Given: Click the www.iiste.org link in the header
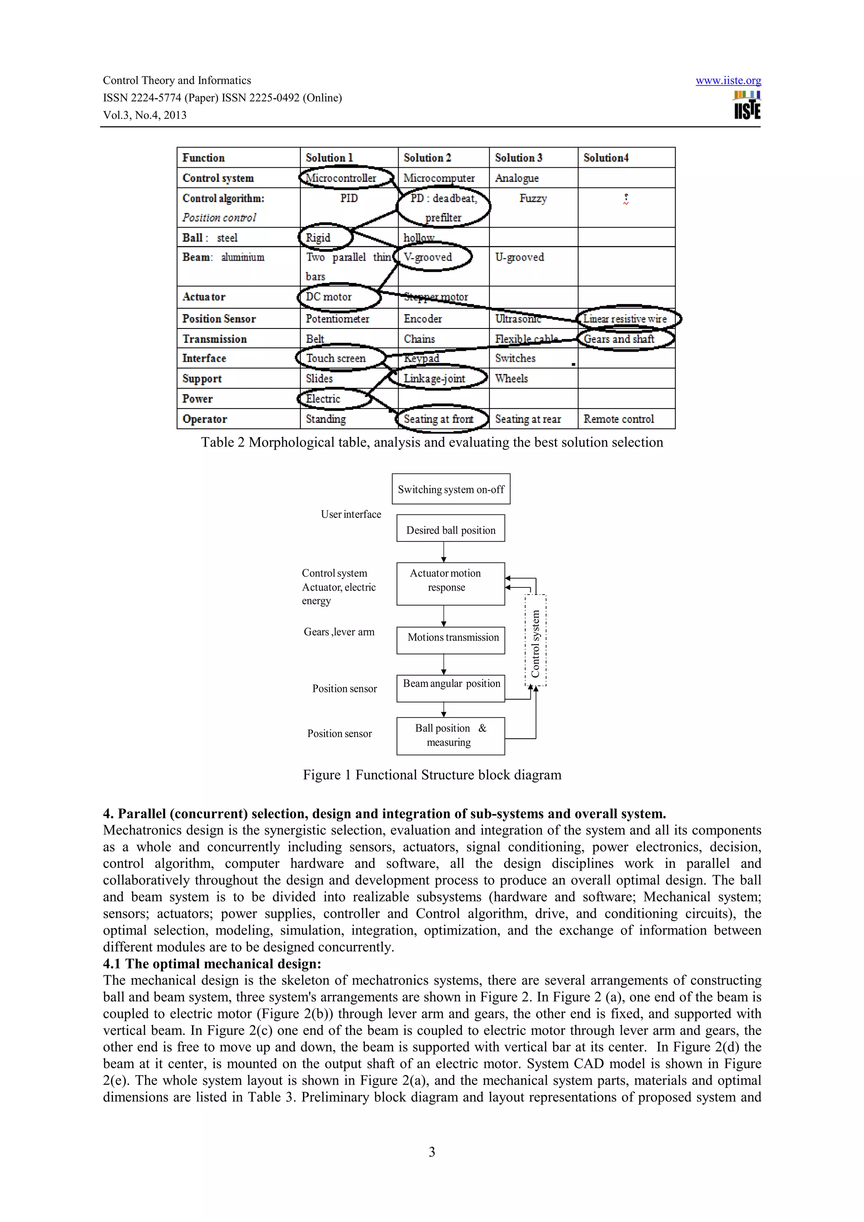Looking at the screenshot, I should click(x=728, y=81).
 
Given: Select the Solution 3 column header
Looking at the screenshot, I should click(x=518, y=158).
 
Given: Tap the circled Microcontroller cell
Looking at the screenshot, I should click(x=346, y=178).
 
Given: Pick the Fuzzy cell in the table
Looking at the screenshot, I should click(x=533, y=199).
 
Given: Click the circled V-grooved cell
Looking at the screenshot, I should click(x=432, y=258).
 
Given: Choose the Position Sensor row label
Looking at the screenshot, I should click(x=219, y=319).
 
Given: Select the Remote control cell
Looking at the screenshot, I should click(x=618, y=419).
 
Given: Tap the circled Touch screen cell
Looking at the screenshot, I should click(x=340, y=358).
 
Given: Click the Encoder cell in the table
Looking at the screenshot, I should click(x=423, y=319).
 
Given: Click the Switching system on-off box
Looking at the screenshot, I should click(x=451, y=489).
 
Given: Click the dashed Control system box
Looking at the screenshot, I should click(x=535, y=640).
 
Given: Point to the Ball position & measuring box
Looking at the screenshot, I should click(x=451, y=735).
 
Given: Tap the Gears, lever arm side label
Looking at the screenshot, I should click(x=339, y=632).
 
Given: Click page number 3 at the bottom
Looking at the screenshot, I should click(x=432, y=1152).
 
